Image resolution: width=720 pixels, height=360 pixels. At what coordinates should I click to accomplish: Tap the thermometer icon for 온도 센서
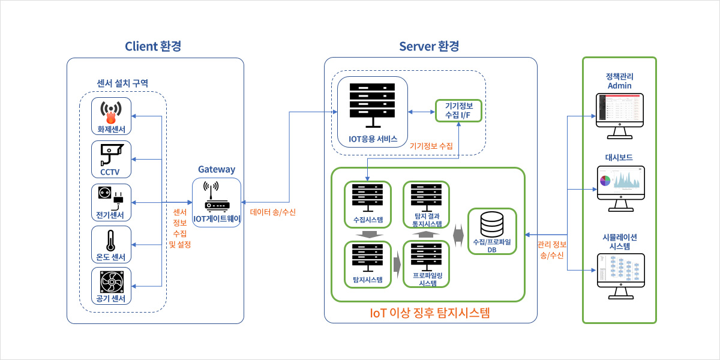point(111,240)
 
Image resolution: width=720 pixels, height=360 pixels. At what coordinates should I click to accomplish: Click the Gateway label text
point(217,170)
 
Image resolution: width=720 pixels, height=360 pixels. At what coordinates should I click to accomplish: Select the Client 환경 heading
point(153,46)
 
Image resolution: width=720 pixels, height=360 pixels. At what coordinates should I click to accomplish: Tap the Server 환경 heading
point(429,46)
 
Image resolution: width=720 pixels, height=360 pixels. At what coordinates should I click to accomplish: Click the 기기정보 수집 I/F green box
point(458,110)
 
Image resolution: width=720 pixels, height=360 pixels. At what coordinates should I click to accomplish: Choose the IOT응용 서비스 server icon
point(373,105)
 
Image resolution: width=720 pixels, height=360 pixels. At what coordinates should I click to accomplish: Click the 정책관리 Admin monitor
point(620,111)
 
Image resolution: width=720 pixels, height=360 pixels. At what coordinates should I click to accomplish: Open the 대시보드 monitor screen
point(620,183)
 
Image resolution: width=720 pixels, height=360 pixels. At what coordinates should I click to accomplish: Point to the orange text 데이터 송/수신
point(273,212)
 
